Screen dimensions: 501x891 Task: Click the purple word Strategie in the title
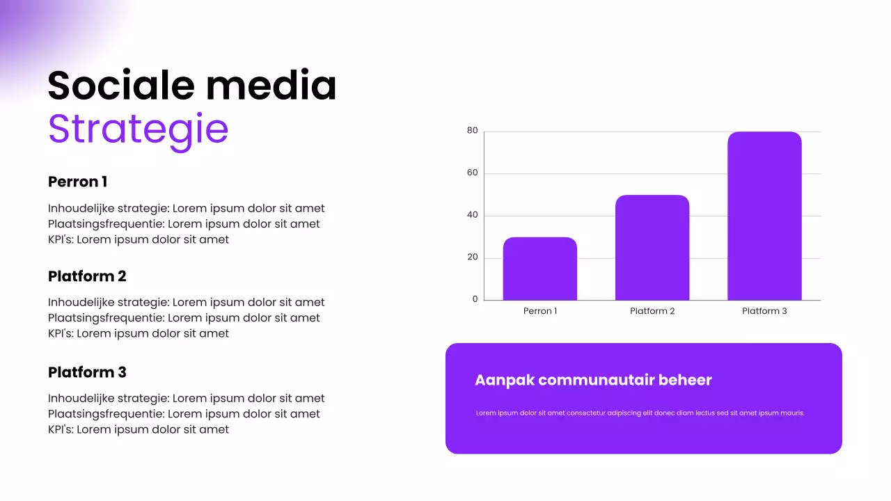click(138, 129)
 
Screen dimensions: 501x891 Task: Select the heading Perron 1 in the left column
click(77, 182)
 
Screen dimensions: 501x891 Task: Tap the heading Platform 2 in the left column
click(87, 276)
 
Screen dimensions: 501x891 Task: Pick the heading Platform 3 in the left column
click(87, 372)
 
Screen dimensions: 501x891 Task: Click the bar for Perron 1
click(540, 269)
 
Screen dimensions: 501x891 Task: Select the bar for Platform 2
click(652, 248)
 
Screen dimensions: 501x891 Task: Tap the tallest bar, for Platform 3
click(764, 216)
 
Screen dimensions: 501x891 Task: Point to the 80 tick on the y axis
click(473, 131)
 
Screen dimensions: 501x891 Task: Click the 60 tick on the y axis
click(473, 173)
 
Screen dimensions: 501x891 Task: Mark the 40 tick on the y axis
click(473, 215)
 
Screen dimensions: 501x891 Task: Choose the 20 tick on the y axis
click(473, 257)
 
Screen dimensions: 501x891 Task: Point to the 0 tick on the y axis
click(475, 299)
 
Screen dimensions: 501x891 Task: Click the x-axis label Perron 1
click(540, 311)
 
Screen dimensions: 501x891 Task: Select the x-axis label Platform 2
click(652, 311)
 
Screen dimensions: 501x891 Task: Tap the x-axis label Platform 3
click(764, 311)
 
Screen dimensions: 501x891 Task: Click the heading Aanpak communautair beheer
click(593, 380)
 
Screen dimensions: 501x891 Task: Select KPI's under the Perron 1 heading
click(61, 239)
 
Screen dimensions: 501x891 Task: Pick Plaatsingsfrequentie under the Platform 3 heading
click(106, 414)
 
